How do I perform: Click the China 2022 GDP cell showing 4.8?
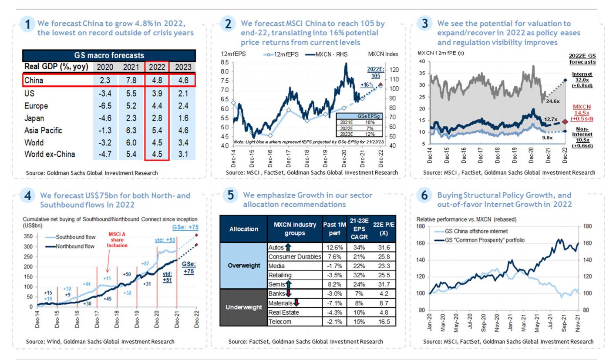tap(156, 81)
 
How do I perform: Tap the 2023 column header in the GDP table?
tap(182, 67)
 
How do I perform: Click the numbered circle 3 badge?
tap(425, 24)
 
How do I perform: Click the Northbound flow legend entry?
tap(69, 246)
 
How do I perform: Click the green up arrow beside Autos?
tap(288, 247)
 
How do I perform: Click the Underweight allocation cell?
tap(243, 307)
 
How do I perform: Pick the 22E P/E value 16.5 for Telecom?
tap(383, 322)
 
